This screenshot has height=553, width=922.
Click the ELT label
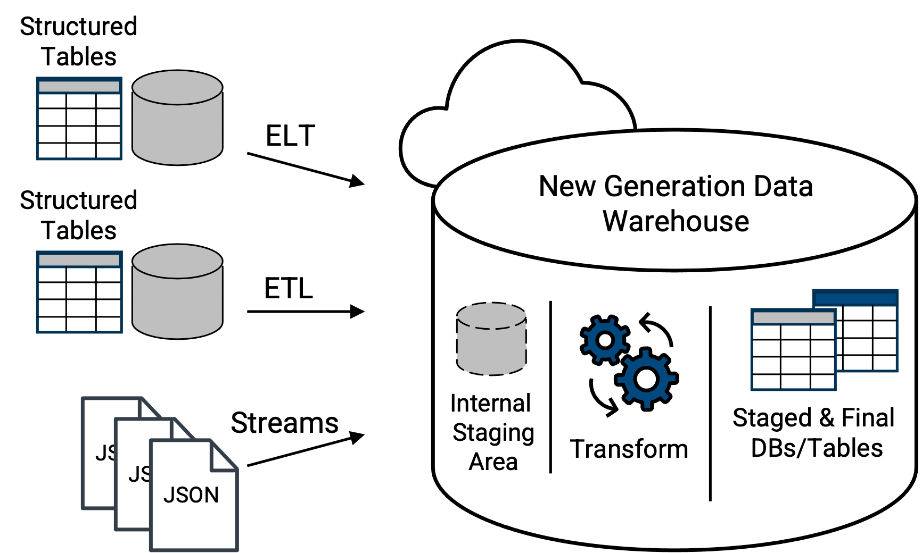pyautogui.click(x=290, y=136)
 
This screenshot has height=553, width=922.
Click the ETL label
pyautogui.click(x=289, y=289)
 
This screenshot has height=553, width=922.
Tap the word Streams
pyautogui.click(x=284, y=423)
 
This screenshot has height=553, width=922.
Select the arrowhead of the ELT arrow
pyautogui.click(x=357, y=181)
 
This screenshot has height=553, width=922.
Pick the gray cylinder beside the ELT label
pyautogui.click(x=177, y=118)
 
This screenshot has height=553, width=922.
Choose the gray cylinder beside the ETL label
pyautogui.click(x=177, y=292)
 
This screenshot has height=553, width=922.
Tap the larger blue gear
pyautogui.click(x=646, y=379)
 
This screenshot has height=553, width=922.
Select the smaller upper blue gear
pyautogui.click(x=605, y=339)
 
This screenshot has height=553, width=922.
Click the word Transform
pyautogui.click(x=629, y=449)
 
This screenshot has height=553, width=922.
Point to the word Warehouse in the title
pyautogui.click(x=676, y=221)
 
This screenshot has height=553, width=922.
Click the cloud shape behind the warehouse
pyautogui.click(x=511, y=96)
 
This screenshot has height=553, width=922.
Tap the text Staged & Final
pyautogui.click(x=813, y=418)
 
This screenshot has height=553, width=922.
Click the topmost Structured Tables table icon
pyautogui.click(x=79, y=118)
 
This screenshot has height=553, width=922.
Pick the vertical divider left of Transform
pyautogui.click(x=550, y=387)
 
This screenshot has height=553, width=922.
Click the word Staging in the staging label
pyautogui.click(x=493, y=433)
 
